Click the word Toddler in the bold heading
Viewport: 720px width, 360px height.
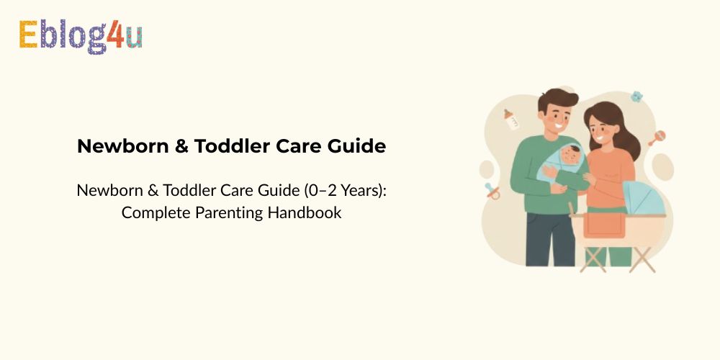click(x=234, y=146)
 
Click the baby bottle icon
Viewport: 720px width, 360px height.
click(x=512, y=119)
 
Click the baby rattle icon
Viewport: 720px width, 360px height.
click(x=657, y=138)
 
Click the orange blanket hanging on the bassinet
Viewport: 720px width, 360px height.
click(x=603, y=228)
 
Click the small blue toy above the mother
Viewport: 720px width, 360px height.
click(x=636, y=96)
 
